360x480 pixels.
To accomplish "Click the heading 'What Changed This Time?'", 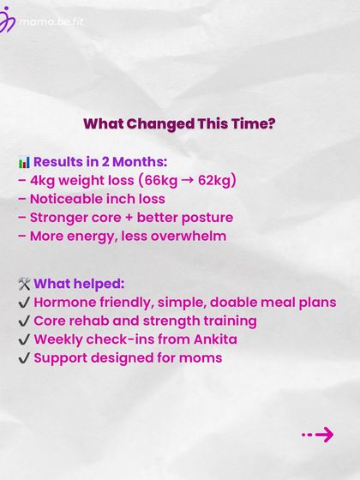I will [179, 123].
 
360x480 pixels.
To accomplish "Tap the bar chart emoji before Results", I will [24, 162].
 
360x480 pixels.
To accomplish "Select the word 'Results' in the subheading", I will [62, 162].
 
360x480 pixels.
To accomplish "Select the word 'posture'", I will [206, 217].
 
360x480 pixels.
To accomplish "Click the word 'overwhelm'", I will [189, 235].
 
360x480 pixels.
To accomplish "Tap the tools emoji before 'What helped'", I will [24, 284].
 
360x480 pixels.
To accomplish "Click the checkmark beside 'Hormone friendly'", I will [23, 303].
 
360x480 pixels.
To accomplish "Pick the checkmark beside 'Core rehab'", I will [23, 321].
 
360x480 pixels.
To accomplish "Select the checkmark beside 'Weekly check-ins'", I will [23, 339].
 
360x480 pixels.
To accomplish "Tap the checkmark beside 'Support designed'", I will [23, 357].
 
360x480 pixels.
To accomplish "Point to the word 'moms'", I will [201, 357].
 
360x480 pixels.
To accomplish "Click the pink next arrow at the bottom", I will [319, 435].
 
